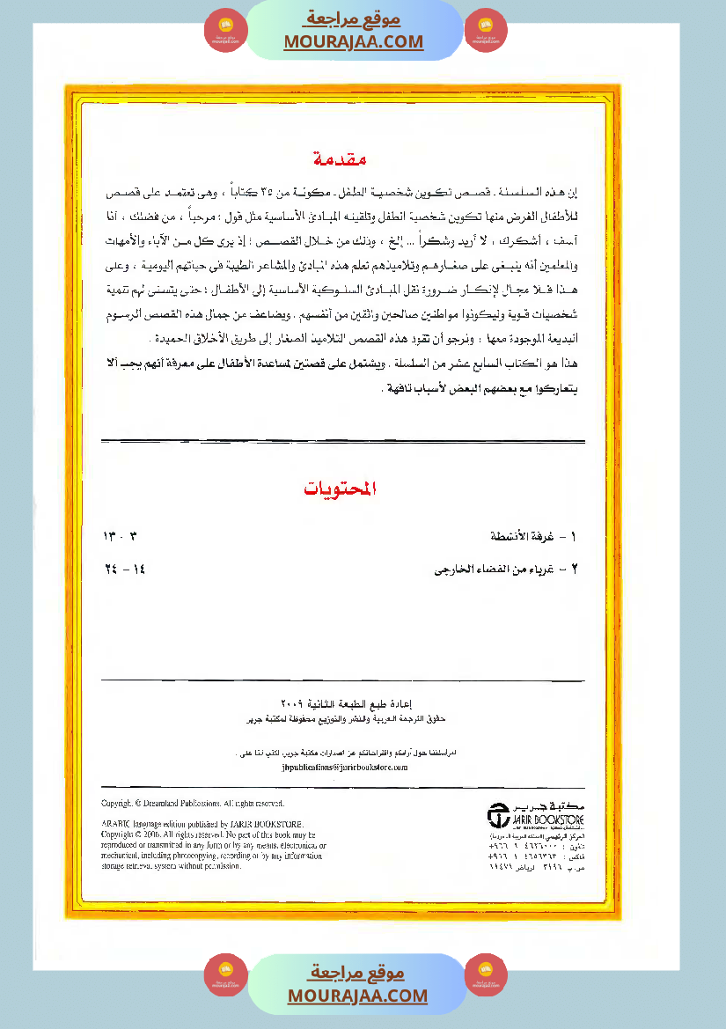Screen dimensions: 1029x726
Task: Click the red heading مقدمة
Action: pyautogui.click(x=340, y=159)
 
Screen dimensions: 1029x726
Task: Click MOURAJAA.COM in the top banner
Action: pyautogui.click(x=354, y=41)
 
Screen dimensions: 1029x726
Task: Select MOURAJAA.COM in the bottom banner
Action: pyautogui.click(x=357, y=996)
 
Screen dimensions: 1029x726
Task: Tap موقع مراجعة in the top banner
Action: pyautogui.click(x=354, y=19)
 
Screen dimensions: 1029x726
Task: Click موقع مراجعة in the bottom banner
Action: pyautogui.click(x=357, y=973)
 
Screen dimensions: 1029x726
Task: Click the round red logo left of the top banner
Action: pyautogui.click(x=225, y=31)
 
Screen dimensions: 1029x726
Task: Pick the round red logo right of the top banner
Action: pyautogui.click(x=486, y=31)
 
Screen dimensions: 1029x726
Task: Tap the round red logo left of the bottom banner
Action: pyautogui.click(x=225, y=975)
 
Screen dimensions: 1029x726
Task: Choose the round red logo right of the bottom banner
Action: pyautogui.click(x=486, y=975)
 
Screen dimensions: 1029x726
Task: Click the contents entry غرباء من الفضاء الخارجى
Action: pyautogui.click(x=505, y=569)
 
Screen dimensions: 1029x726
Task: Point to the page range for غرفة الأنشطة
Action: pyautogui.click(x=121, y=536)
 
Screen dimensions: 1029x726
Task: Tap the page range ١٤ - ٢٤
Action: pyautogui.click(x=123, y=569)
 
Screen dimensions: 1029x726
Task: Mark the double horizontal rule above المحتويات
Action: pyautogui.click(x=343, y=440)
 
